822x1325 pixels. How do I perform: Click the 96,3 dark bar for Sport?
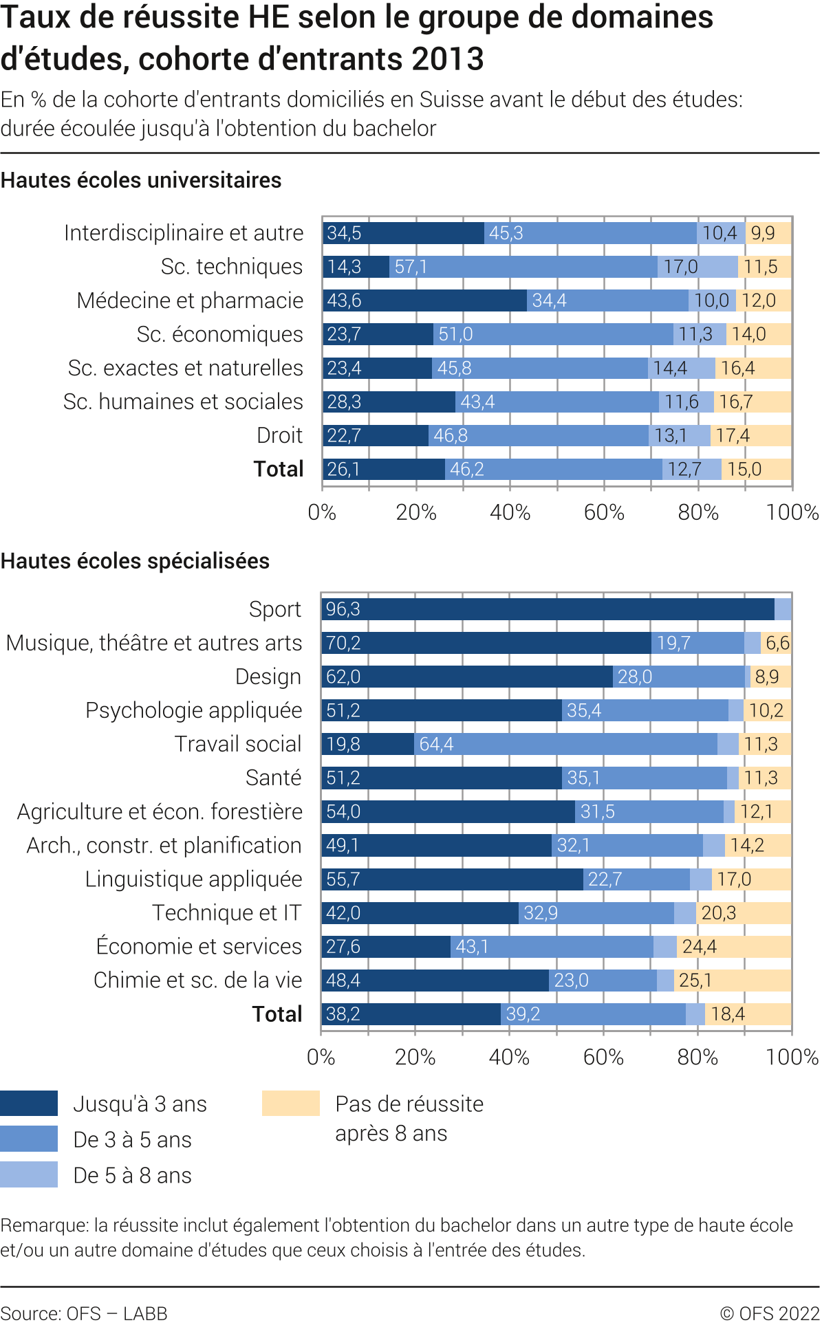pyautogui.click(x=548, y=609)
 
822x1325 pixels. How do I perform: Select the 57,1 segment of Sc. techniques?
pyautogui.click(x=523, y=267)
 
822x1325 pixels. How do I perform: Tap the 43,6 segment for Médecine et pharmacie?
pyautogui.click(x=425, y=300)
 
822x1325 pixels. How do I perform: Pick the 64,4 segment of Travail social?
pyautogui.click(x=565, y=744)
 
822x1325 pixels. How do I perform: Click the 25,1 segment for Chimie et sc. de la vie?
pyautogui.click(x=732, y=981)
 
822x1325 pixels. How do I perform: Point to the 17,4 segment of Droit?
pyautogui.click(x=750, y=436)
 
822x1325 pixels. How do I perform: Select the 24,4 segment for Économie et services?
pyautogui.click(x=733, y=947)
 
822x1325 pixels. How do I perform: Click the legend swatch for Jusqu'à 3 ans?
pyautogui.click(x=29, y=1104)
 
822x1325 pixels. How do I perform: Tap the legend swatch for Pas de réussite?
pyautogui.click(x=291, y=1104)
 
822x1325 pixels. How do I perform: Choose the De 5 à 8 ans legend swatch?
pyautogui.click(x=29, y=1175)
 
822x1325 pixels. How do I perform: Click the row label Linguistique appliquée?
pyautogui.click(x=193, y=879)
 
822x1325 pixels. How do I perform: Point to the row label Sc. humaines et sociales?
pyautogui.click(x=183, y=402)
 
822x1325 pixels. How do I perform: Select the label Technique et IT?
pyautogui.click(x=226, y=913)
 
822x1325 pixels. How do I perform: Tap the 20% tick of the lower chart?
pyautogui.click(x=415, y=1058)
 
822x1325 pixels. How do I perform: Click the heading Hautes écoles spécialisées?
pyautogui.click(x=135, y=562)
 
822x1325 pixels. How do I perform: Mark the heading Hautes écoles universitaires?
pyautogui.click(x=141, y=181)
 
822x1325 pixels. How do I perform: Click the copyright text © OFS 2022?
pyautogui.click(x=770, y=1314)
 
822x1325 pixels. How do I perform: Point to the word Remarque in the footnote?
pyautogui.click(x=44, y=1226)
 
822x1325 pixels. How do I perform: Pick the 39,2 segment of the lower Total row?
pyautogui.click(x=593, y=1014)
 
